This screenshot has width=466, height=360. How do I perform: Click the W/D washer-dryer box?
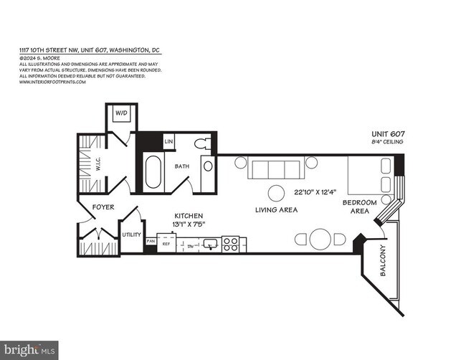click(x=120, y=113)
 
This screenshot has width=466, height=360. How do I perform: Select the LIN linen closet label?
click(x=169, y=142)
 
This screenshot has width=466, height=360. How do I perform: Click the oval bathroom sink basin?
click(x=208, y=166)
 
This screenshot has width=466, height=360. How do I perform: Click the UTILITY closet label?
click(x=131, y=235)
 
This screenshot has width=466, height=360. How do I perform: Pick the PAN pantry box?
click(x=151, y=242)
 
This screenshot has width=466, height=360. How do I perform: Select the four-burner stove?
click(x=231, y=244)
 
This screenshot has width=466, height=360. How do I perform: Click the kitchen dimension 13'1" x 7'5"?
click(x=189, y=224)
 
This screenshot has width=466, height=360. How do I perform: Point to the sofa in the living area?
click(x=275, y=169)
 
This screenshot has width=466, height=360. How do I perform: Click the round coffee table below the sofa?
click(x=275, y=192)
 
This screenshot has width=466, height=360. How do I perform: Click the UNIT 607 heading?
click(x=387, y=134)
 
